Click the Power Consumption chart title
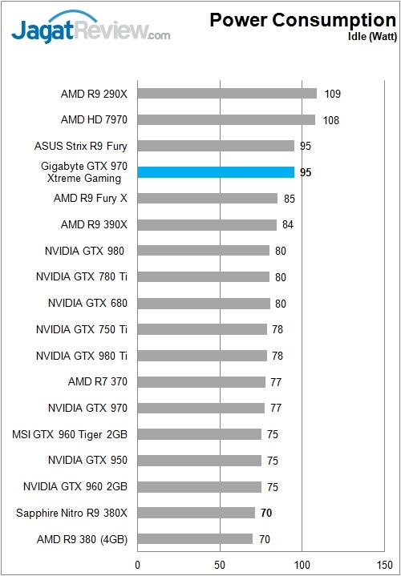pyautogui.click(x=302, y=20)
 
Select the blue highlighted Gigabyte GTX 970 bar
pyautogui.click(x=216, y=172)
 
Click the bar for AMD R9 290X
pyautogui.click(x=227, y=94)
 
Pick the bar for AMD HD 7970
pyautogui.click(x=226, y=120)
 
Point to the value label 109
pyautogui.click(x=333, y=94)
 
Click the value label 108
pyautogui.click(x=331, y=120)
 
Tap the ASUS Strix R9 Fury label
pyautogui.click(x=81, y=146)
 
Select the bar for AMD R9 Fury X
pyautogui.click(x=208, y=198)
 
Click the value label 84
pyautogui.click(x=288, y=224)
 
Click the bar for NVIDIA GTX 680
pyautogui.click(x=204, y=303)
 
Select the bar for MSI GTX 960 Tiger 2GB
pyautogui.click(x=200, y=434)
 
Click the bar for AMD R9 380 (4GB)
pyautogui.click(x=195, y=539)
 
